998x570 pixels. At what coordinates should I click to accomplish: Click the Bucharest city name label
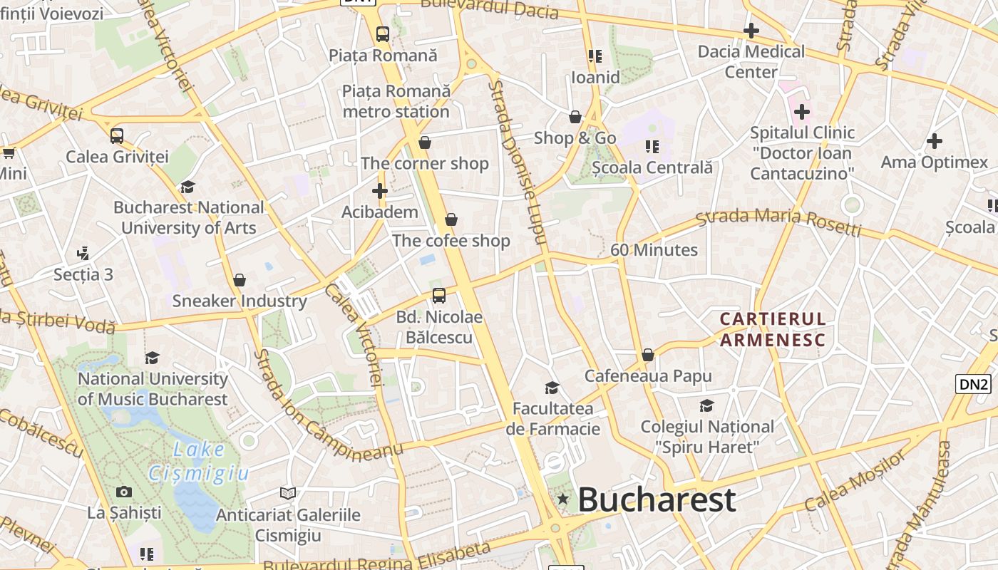pyautogui.click(x=657, y=499)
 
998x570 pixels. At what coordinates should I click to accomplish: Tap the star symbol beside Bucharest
pyautogui.click(x=563, y=499)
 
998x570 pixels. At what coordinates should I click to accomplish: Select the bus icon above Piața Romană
pyautogui.click(x=383, y=33)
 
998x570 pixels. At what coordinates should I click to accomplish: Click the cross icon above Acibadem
pyautogui.click(x=380, y=191)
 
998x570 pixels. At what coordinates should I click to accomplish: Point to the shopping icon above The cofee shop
pyautogui.click(x=451, y=219)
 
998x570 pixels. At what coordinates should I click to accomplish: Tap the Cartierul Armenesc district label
pyautogui.click(x=773, y=329)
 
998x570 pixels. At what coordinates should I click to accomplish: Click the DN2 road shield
pyautogui.click(x=973, y=385)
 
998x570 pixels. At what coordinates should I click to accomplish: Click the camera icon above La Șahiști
pyautogui.click(x=124, y=492)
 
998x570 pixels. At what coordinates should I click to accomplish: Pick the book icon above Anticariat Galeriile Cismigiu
pyautogui.click(x=288, y=493)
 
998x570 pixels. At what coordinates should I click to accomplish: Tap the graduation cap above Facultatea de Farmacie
pyautogui.click(x=552, y=388)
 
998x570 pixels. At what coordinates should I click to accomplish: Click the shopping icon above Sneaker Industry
pyautogui.click(x=240, y=280)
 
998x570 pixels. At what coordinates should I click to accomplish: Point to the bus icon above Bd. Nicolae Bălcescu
pyautogui.click(x=439, y=296)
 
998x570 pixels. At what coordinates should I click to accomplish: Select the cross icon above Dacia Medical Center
pyautogui.click(x=751, y=31)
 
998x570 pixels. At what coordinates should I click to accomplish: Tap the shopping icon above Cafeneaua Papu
pyautogui.click(x=648, y=355)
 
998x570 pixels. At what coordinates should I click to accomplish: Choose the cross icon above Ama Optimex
pyautogui.click(x=935, y=141)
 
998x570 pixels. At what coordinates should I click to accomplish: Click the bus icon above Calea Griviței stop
pyautogui.click(x=117, y=135)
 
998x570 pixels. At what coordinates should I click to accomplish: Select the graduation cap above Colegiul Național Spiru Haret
pyautogui.click(x=706, y=405)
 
